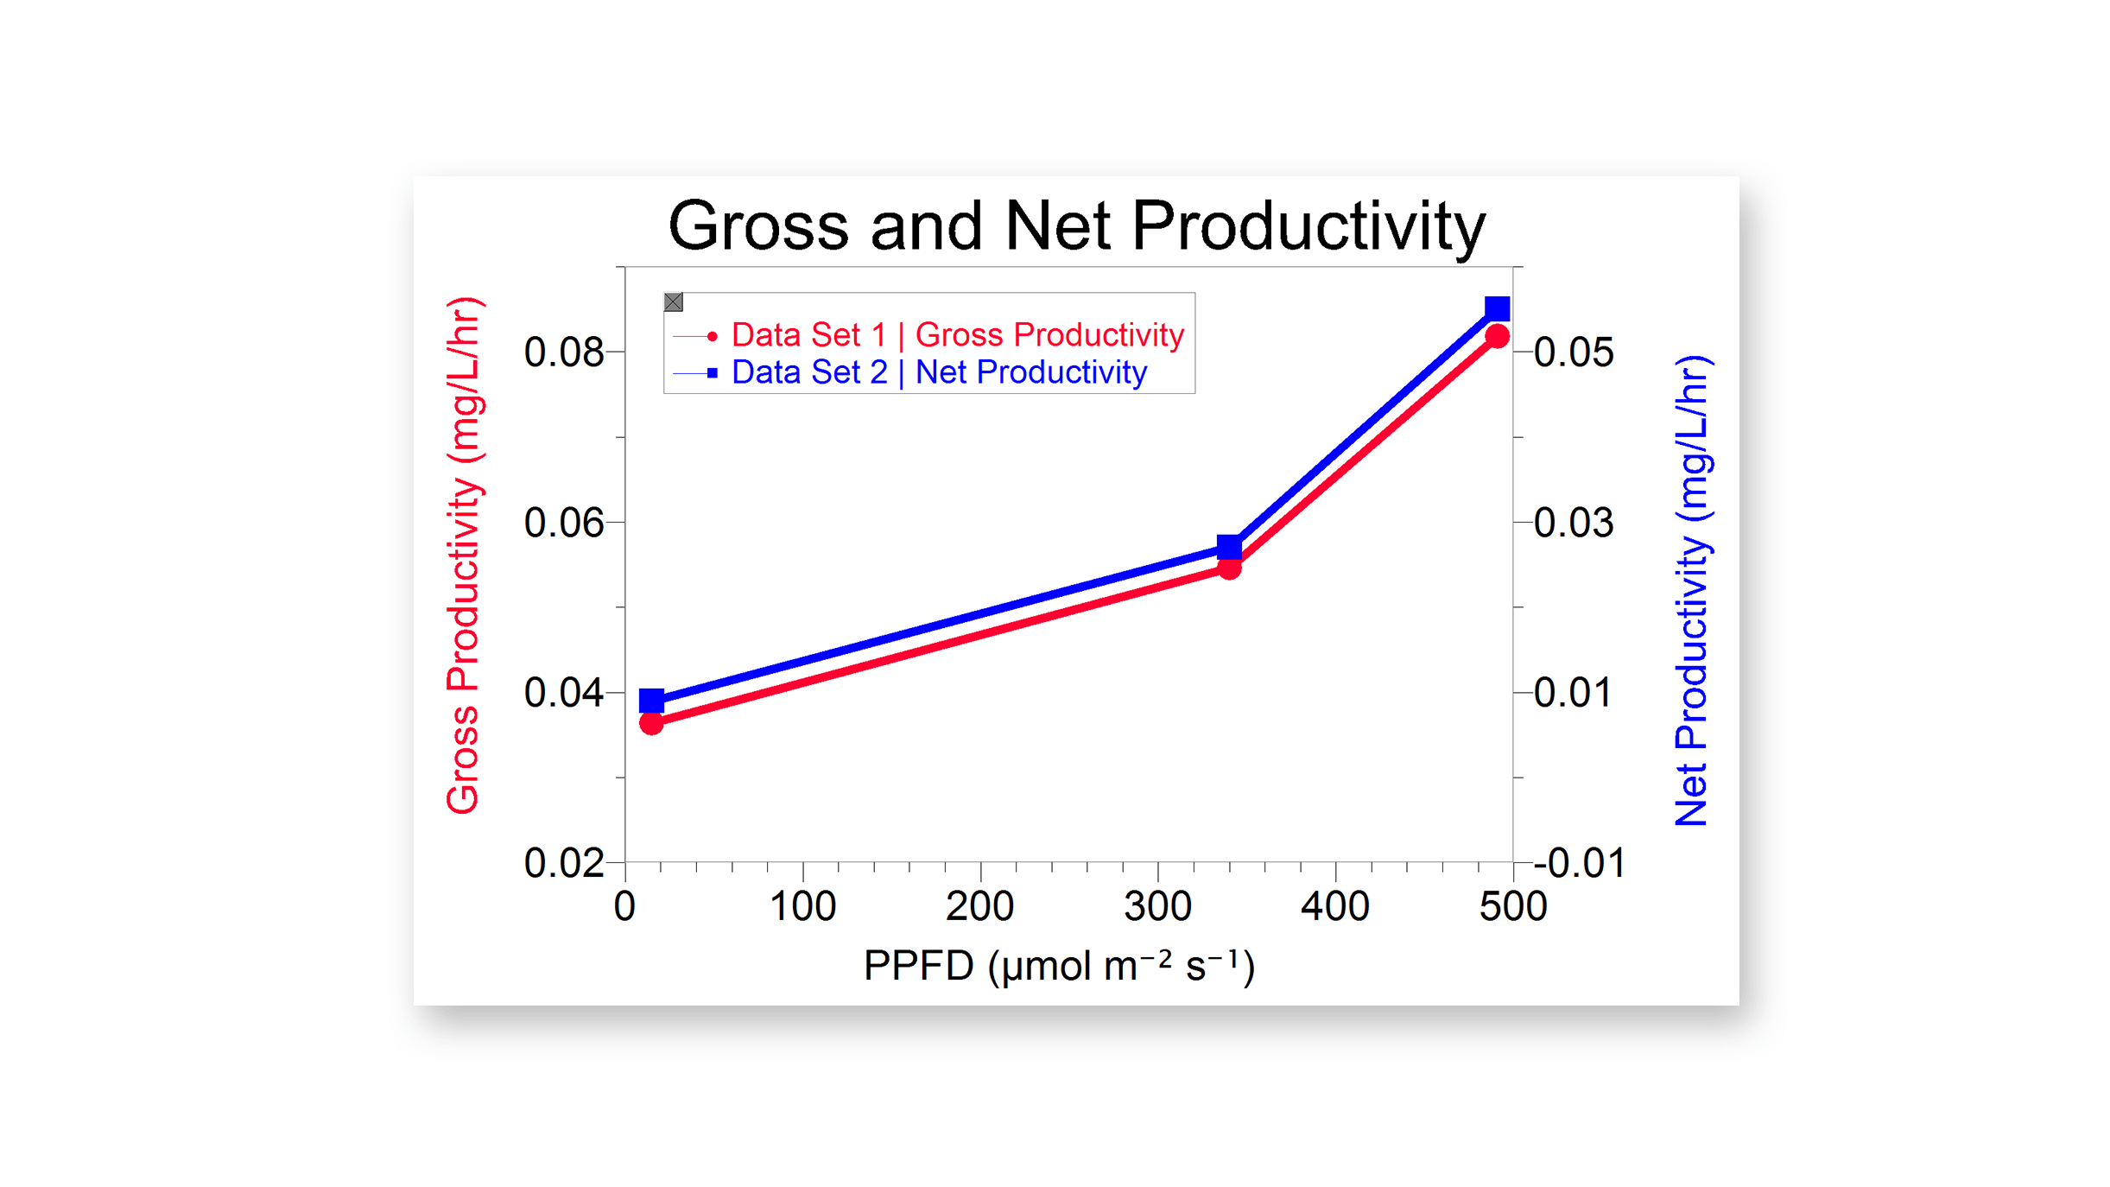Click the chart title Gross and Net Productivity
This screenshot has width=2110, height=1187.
(1076, 226)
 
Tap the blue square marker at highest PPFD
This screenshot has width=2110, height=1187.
(1497, 308)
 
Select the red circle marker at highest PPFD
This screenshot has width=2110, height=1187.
(1497, 337)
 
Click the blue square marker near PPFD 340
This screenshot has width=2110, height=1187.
(1229, 547)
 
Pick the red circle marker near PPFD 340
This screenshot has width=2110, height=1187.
(1229, 568)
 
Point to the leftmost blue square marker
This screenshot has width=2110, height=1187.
(651, 701)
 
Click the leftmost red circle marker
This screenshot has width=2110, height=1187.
(651, 723)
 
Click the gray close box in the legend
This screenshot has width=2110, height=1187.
(674, 302)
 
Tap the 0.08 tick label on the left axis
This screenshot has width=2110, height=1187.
(563, 352)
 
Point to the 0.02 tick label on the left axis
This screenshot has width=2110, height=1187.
(563, 863)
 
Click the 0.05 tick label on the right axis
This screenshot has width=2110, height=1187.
(1574, 352)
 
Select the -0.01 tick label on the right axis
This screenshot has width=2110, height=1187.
(1580, 863)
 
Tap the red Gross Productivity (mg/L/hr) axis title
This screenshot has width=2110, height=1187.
(463, 555)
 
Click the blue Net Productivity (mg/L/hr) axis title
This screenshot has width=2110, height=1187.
(1692, 590)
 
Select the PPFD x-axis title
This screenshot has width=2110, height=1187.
(1059, 966)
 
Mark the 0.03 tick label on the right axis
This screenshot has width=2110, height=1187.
(1574, 523)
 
